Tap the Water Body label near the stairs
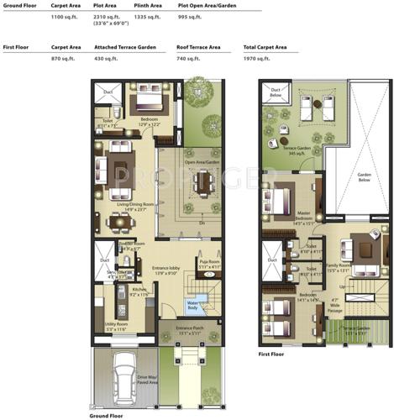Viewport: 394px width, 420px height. point(195,305)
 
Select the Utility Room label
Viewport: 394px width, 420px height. point(117,328)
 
